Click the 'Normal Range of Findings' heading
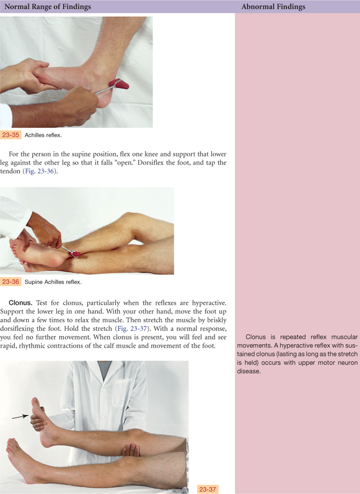[x=48, y=7]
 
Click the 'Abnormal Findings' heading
[x=273, y=7]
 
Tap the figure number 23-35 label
[x=11, y=135]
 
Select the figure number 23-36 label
[x=11, y=281]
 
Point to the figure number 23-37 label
[x=207, y=489]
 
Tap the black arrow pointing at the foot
[x=20, y=417]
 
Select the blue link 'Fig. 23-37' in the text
[x=132, y=329]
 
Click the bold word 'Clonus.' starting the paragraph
[x=20, y=303]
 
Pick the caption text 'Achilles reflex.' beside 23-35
[x=43, y=135]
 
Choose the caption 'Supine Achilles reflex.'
[x=53, y=282]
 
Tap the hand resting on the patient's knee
[x=130, y=450]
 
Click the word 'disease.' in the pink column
[x=249, y=371]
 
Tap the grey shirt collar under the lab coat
[x=104, y=366]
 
